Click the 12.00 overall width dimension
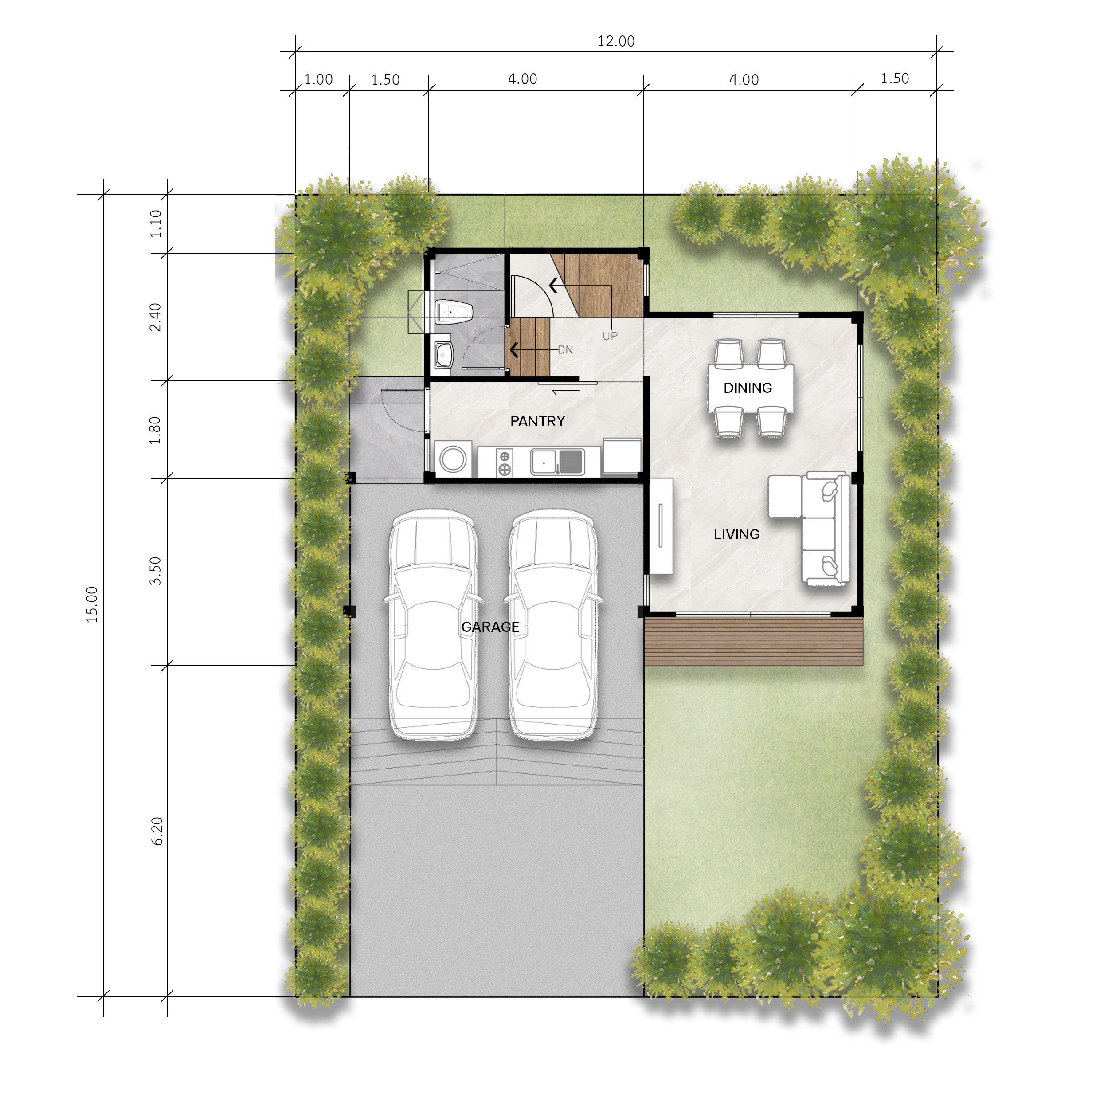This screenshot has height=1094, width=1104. point(616,41)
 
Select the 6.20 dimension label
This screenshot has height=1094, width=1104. point(157,831)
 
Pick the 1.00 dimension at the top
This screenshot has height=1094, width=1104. point(318,79)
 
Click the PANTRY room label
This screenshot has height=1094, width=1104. point(538,421)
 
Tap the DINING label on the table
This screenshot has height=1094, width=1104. point(748,388)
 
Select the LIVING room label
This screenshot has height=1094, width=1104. point(736,534)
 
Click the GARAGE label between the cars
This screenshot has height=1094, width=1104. point(490,627)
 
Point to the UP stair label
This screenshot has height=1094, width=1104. point(610,336)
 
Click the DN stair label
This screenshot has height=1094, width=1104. point(565,350)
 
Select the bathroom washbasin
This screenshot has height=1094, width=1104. point(443,356)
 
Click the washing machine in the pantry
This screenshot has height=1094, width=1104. point(453,459)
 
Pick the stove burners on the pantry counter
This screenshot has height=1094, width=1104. point(505,463)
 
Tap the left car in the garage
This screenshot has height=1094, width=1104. point(433,625)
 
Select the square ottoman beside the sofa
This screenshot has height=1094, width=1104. point(785,496)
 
